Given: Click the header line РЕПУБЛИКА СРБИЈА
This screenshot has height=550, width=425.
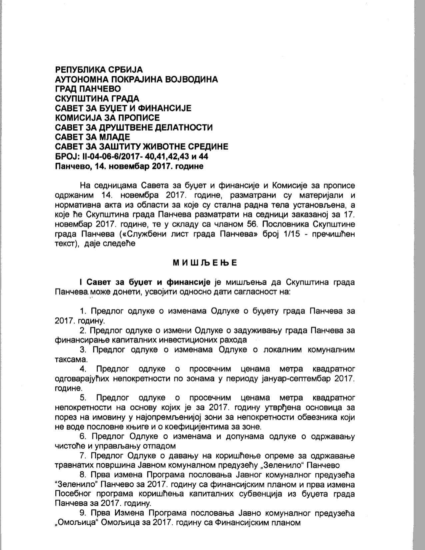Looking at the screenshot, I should click(x=99, y=70).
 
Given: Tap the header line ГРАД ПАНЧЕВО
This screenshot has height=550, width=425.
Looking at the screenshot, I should click(x=88, y=89).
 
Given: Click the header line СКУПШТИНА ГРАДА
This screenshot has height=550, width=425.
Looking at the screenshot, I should click(x=97, y=99).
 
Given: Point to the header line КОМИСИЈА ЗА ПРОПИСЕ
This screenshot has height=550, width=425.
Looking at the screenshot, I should click(x=107, y=118).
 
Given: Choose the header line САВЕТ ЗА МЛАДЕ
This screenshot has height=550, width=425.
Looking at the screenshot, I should click(x=93, y=137).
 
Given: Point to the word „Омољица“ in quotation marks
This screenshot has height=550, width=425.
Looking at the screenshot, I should click(x=76, y=523).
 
